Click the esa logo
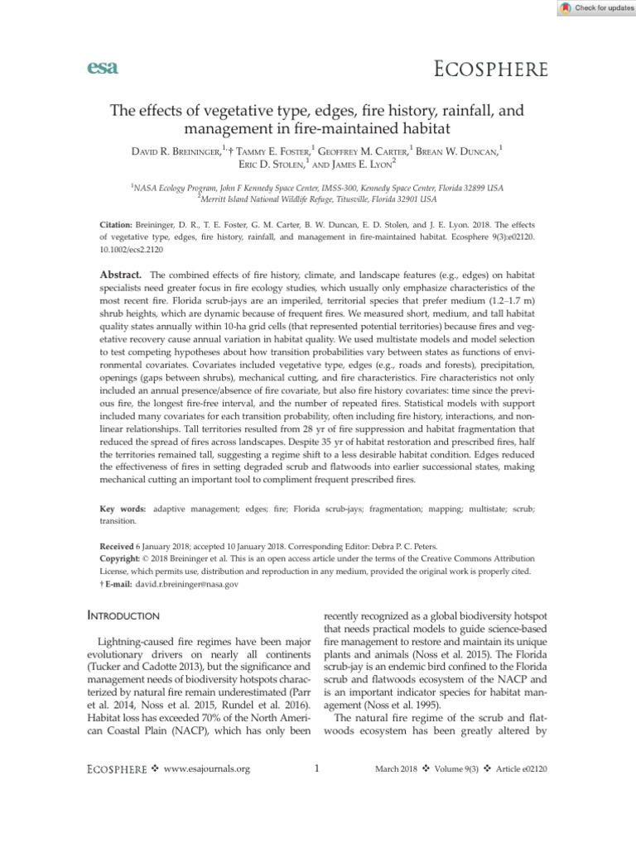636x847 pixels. coord(102,69)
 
